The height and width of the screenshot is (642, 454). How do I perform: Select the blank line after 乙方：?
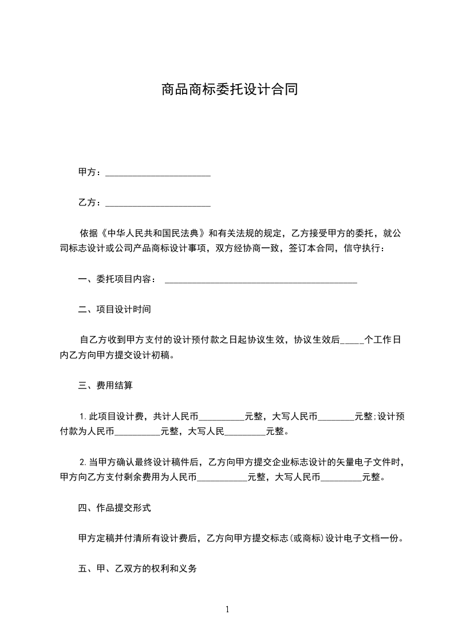click(158, 203)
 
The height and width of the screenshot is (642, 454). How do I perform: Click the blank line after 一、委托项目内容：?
click(260, 280)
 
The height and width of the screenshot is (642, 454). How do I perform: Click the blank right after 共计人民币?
click(222, 418)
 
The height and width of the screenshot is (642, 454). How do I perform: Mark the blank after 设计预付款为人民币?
click(137, 433)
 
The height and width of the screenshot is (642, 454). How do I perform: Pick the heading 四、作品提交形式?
click(115, 508)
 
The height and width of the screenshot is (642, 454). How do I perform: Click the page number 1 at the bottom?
click(227, 609)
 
